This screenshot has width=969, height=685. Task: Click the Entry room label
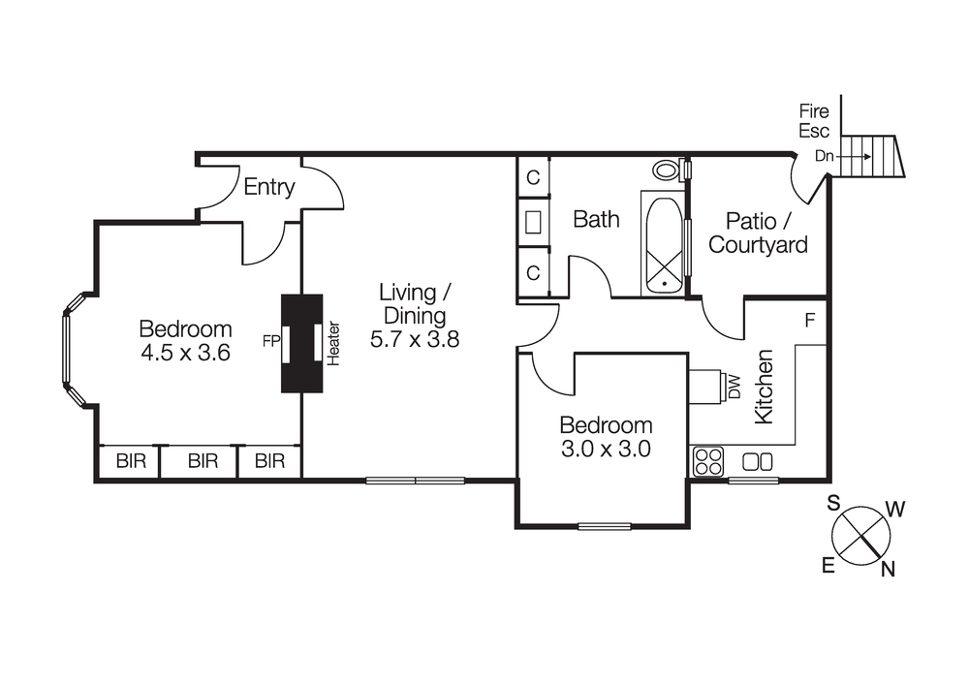[x=268, y=187]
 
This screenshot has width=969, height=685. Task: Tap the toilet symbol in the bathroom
[x=666, y=171]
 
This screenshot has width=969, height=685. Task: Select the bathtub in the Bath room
[x=664, y=244]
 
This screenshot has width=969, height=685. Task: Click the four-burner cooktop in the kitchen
[x=708, y=462]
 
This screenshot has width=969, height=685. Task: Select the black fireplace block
[x=301, y=343]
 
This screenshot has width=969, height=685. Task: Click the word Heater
[x=334, y=343]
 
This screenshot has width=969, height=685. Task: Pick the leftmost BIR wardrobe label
[x=131, y=461]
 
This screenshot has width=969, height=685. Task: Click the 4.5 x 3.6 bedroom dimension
[x=185, y=353]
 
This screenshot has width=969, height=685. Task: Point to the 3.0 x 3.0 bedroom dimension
[x=606, y=449]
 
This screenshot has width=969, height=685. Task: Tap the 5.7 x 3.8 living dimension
[x=414, y=339]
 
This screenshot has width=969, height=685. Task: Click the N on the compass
[x=887, y=570]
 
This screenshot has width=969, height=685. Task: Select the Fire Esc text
[x=814, y=121]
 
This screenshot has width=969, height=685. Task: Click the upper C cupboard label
[x=533, y=178]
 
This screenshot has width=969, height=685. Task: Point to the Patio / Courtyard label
[x=758, y=233]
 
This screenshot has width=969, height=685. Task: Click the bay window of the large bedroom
[x=68, y=350]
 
